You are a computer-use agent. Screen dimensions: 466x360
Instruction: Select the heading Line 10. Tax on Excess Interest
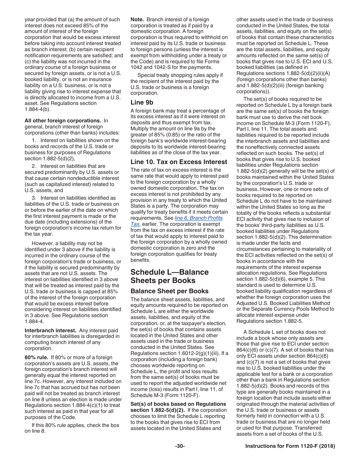tap(179, 162)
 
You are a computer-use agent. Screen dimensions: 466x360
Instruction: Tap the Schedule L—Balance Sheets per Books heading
tap(169, 276)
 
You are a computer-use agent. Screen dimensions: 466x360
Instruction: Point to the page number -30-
tap(180, 446)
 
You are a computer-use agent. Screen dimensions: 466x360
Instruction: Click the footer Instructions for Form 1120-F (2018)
tap(290, 446)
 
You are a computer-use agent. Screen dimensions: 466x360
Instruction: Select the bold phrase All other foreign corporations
tap(63, 120)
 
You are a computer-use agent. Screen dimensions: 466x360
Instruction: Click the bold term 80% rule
tap(36, 357)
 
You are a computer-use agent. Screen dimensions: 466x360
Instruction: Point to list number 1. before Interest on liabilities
tap(34, 140)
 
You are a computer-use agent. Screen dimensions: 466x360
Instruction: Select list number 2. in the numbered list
tap(34, 166)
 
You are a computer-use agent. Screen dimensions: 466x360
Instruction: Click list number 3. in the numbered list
tap(34, 198)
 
